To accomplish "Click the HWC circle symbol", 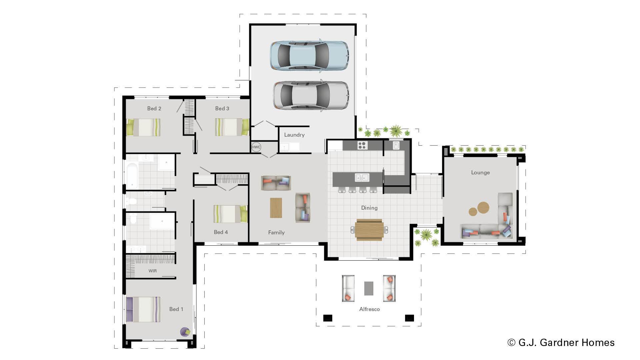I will click(x=256, y=147).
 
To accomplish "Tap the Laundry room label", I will click(x=294, y=135).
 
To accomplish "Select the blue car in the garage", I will click(x=309, y=55).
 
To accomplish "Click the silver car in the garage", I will click(x=311, y=95).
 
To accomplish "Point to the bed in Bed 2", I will click(x=143, y=127).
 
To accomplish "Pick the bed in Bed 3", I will click(x=232, y=127).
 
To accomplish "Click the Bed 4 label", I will click(x=221, y=232).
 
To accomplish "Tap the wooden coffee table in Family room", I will click(x=276, y=208).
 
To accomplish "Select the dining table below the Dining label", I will click(x=369, y=229).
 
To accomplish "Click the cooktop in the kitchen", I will click(x=362, y=145).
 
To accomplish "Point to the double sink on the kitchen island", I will click(x=362, y=177).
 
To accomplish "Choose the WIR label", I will click(x=153, y=271).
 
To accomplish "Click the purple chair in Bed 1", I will click(x=185, y=332).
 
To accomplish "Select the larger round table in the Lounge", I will click(x=483, y=208).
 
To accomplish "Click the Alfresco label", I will click(x=369, y=309).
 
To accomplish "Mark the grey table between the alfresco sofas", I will click(x=369, y=288).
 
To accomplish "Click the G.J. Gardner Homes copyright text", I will click(x=561, y=342).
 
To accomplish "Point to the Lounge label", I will click(x=480, y=172).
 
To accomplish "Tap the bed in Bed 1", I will click(x=143, y=309).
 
